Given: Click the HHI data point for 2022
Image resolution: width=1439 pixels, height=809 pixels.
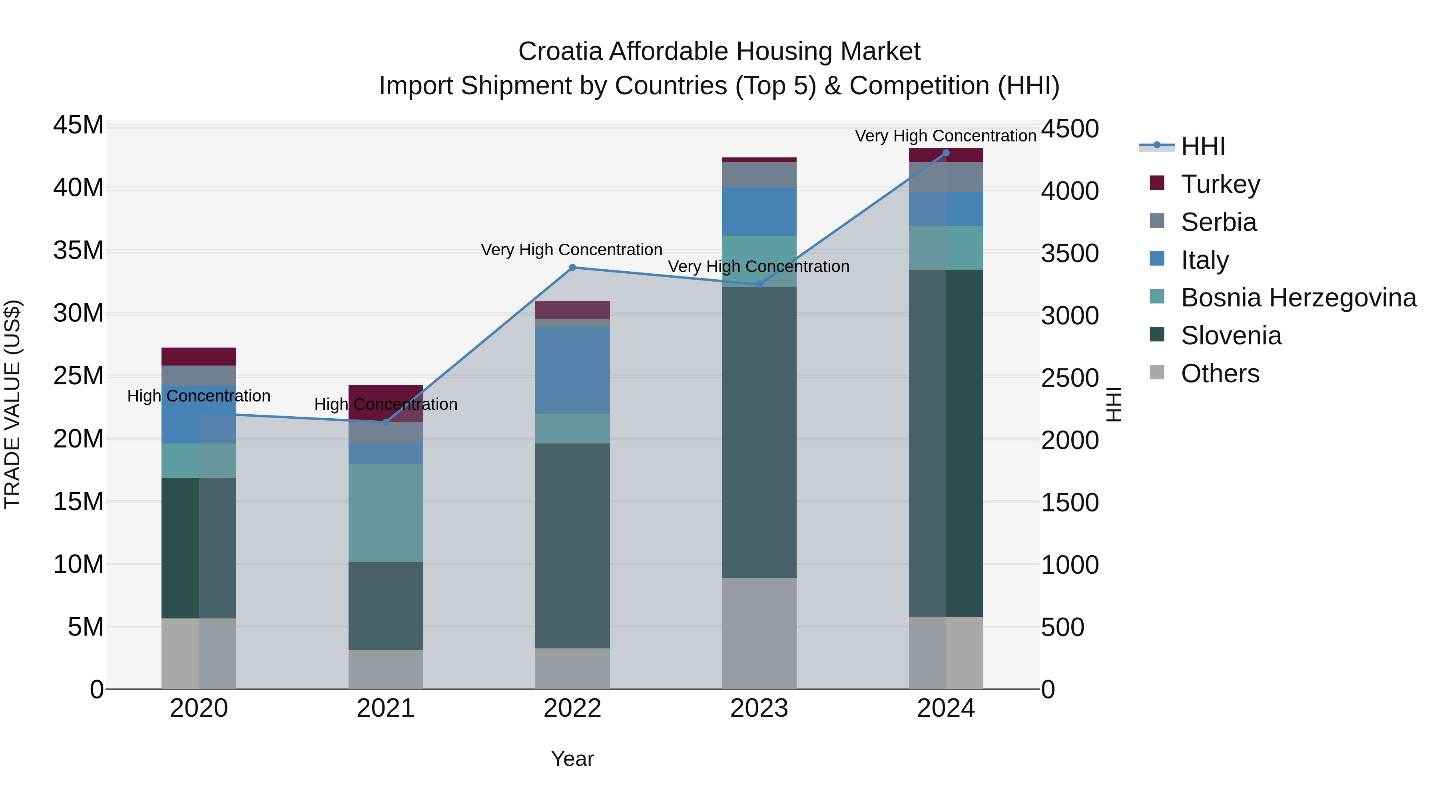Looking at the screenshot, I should click(572, 267).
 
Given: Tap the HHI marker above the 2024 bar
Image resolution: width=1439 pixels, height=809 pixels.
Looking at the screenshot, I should click(946, 153).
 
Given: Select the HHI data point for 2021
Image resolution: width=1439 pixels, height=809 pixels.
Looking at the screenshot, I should click(385, 422).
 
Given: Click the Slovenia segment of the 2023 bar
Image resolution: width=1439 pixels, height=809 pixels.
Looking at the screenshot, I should click(759, 433).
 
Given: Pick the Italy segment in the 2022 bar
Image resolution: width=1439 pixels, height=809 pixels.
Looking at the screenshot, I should click(572, 370).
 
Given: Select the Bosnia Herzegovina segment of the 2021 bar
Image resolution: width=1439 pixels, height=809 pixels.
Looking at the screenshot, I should click(385, 513).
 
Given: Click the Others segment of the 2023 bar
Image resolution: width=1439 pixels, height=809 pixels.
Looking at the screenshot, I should click(759, 633).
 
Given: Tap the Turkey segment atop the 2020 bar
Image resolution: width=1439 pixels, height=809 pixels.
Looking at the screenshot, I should click(199, 356).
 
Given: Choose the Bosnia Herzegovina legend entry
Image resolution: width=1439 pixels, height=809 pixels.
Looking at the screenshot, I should click(1298, 298).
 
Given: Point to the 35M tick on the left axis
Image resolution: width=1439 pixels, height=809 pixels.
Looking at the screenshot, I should click(78, 250).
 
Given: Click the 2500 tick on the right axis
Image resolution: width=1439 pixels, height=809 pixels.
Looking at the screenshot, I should click(1070, 378).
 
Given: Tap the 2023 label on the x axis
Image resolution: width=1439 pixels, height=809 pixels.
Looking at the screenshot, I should click(759, 708).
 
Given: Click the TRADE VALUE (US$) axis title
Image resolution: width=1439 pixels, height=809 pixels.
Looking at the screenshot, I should click(12, 404).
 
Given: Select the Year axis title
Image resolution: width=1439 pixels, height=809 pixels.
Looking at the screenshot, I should click(572, 759).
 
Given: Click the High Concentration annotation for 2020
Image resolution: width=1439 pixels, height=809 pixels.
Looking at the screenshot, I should click(199, 396).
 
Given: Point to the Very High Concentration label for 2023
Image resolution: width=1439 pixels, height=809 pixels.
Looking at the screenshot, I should click(759, 266).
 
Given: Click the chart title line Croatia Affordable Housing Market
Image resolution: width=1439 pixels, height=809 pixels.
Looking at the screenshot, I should click(719, 52).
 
